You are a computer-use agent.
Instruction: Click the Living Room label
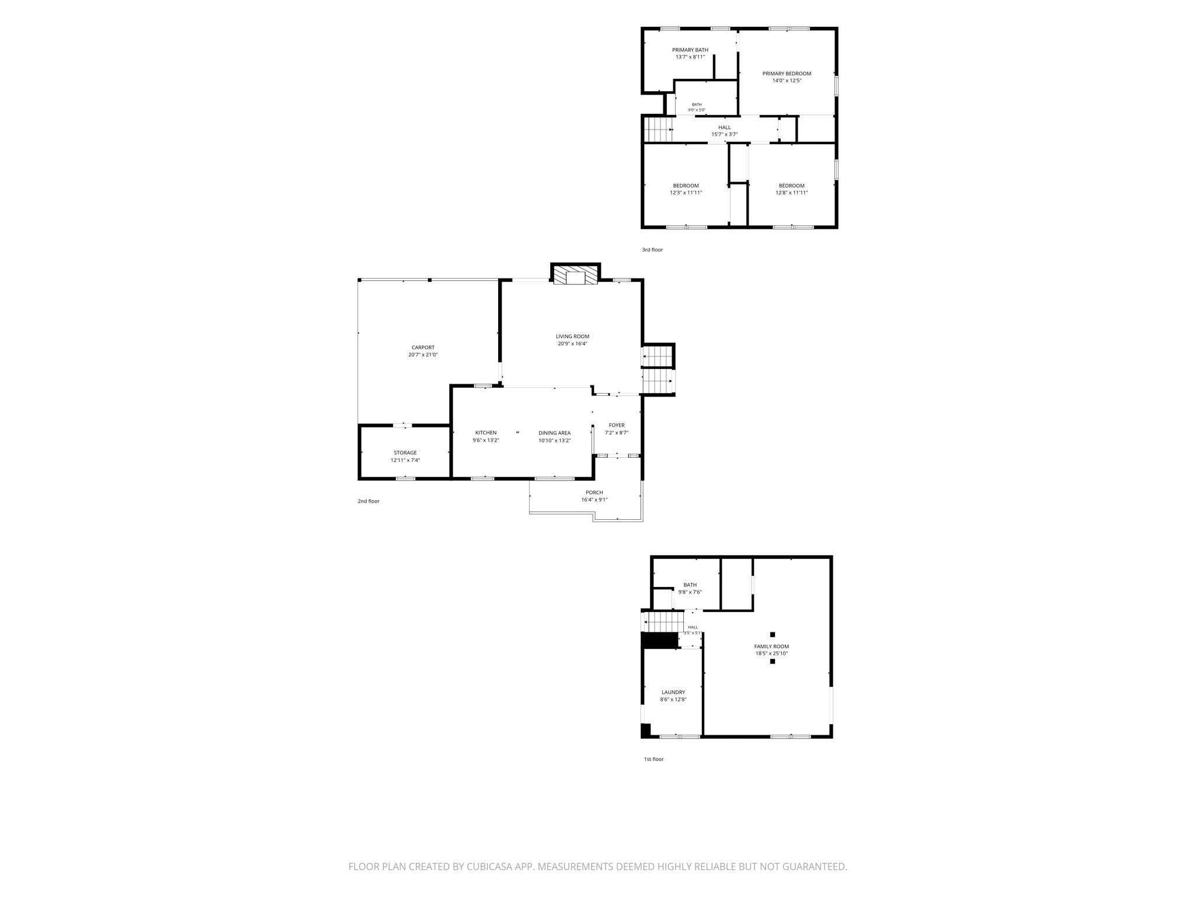point(572,336)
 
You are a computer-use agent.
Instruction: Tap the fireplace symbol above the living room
point(576,276)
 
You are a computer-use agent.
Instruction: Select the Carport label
point(423,347)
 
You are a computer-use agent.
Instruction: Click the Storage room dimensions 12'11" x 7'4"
point(405,460)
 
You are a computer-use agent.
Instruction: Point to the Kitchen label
point(486,433)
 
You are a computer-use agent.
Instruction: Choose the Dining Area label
point(554,433)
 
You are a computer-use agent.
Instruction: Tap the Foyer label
point(617,425)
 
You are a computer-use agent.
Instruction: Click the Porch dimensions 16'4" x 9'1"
point(594,499)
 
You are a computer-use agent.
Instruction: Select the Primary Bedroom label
point(787,74)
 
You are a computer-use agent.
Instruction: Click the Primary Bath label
point(690,50)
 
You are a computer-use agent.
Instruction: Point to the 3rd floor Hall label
point(724,127)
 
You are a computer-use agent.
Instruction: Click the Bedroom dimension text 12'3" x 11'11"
point(686,193)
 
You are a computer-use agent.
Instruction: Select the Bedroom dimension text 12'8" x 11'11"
point(792,193)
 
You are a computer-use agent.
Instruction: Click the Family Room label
point(772,646)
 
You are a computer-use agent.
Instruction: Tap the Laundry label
point(673,692)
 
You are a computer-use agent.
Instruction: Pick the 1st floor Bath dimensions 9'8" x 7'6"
point(690,592)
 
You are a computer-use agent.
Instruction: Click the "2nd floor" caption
point(368,501)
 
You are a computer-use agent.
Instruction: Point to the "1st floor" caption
point(654,759)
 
